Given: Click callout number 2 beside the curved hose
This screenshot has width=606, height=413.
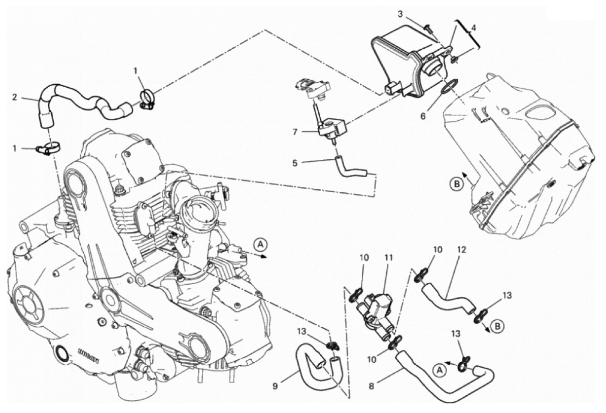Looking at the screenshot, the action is click(x=15, y=97).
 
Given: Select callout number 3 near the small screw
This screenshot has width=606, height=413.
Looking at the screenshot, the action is click(x=400, y=14).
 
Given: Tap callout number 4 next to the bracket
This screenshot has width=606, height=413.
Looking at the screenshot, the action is click(x=474, y=28).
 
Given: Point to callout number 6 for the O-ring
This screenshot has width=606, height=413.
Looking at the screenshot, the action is click(x=423, y=116).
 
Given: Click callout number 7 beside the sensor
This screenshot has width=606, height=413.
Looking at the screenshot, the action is click(x=295, y=132).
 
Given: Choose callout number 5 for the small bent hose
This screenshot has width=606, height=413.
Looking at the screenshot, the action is click(x=295, y=163).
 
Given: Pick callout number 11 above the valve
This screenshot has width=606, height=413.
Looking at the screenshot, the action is click(x=389, y=257).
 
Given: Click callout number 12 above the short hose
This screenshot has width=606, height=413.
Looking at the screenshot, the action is click(x=461, y=250).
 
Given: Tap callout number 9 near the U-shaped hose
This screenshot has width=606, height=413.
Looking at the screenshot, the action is click(x=275, y=386).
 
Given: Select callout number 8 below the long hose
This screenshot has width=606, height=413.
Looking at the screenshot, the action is click(x=372, y=386).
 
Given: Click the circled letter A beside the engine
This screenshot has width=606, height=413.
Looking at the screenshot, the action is click(x=260, y=244).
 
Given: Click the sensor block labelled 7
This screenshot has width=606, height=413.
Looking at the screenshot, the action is click(x=330, y=127).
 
